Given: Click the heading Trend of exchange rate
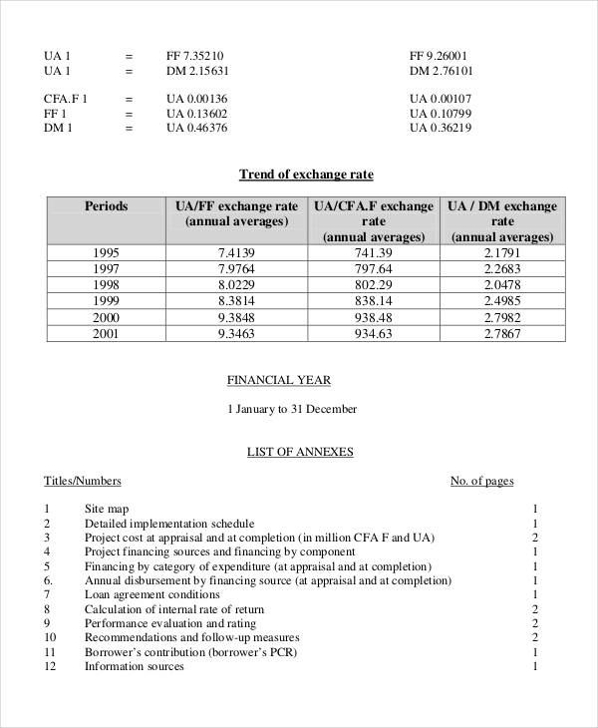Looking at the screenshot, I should pos(306,175).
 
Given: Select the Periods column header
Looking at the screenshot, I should pos(106,206).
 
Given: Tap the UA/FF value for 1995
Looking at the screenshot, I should pos(236,252).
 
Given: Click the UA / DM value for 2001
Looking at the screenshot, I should pos(501,333).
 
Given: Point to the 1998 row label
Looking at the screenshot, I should pos(106,284).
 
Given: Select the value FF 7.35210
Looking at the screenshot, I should pos(194,56).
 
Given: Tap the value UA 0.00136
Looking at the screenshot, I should pos(196,99).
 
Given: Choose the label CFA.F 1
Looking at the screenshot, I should pos(66,99).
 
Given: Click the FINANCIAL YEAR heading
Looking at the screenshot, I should pos(278,380).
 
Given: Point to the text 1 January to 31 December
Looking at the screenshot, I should pos(292,409).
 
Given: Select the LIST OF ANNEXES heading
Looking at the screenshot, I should pos(300,452).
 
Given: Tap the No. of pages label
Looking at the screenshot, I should pos(481,481).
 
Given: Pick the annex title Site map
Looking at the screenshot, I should pos(107,509).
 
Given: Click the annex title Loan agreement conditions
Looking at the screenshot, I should pos(152,594).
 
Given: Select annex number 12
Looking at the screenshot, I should pos(50,666).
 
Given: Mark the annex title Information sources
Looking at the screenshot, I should pos(135,666).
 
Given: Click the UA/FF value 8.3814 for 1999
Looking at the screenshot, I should pos(236,301).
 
